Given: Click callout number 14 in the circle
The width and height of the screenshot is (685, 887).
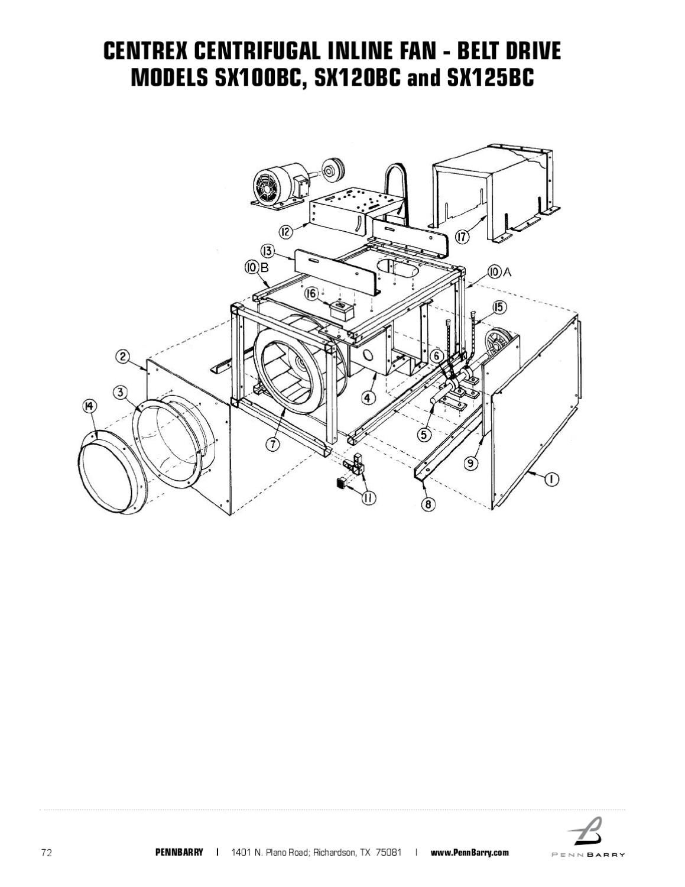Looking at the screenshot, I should [x=89, y=405].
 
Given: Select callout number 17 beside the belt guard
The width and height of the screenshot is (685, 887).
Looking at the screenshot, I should [x=462, y=237].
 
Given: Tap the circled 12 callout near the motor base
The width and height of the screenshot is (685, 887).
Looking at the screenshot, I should [x=285, y=231].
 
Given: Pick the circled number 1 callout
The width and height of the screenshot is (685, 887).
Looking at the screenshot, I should [x=551, y=479].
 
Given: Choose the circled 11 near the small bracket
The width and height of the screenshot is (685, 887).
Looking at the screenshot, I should [x=368, y=497].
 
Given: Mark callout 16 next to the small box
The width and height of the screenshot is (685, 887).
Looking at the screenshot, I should [x=311, y=293].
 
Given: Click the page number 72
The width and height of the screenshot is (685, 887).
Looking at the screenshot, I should [x=46, y=852].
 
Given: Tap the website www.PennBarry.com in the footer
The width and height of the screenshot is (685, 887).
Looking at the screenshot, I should [x=469, y=852].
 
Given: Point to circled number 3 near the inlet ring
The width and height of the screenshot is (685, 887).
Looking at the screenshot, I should [x=120, y=392].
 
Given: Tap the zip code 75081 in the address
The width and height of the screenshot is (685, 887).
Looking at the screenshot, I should [x=388, y=852].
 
